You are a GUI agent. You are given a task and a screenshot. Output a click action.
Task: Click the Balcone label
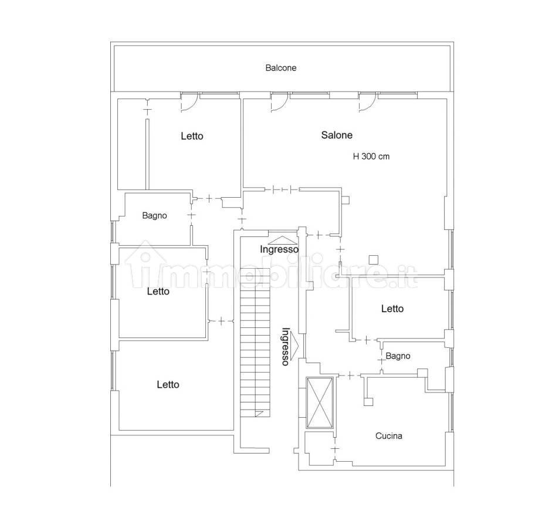pyautogui.click(x=280, y=68)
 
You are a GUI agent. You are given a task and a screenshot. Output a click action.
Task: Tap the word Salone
pyautogui.click(x=337, y=135)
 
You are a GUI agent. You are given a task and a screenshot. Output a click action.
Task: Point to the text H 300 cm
pyautogui.click(x=371, y=157)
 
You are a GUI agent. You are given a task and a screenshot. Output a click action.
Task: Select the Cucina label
pyautogui.click(x=388, y=436)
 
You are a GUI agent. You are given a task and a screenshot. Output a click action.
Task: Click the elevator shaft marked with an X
pyautogui.click(x=320, y=403)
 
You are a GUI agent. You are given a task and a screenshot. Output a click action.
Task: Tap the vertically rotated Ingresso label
pyautogui.click(x=286, y=347)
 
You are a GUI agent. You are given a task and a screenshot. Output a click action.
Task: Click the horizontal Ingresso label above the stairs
pyautogui.click(x=279, y=249)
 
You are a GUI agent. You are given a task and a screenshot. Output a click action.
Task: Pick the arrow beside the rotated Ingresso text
pyautogui.click(x=294, y=346)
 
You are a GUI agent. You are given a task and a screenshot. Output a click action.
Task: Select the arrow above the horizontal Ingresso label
pyautogui.click(x=282, y=241)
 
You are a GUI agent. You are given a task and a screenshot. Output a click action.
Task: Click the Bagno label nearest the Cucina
pyautogui.click(x=398, y=356)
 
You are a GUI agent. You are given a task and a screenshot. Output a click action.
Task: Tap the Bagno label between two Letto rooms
pyautogui.click(x=154, y=216)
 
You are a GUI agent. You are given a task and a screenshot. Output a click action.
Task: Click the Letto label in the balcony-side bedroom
pyautogui.click(x=192, y=136)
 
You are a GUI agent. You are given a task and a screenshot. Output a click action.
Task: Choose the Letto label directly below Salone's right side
pyautogui.click(x=392, y=309)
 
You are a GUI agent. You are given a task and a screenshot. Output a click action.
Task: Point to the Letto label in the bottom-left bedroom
pyautogui.click(x=168, y=385)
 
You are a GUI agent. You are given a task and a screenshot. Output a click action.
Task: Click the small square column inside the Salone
pyautogui.click(x=373, y=259)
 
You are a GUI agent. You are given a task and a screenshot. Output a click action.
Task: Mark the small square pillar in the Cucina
pyautogui.click(x=368, y=401)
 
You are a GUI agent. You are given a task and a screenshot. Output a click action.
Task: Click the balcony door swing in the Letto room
pyautogui.click(x=189, y=102)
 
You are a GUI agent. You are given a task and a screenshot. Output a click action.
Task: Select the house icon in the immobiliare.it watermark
pyautogui.click(x=145, y=265)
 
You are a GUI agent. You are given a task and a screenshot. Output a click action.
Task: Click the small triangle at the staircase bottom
pyautogui.click(x=259, y=413)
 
